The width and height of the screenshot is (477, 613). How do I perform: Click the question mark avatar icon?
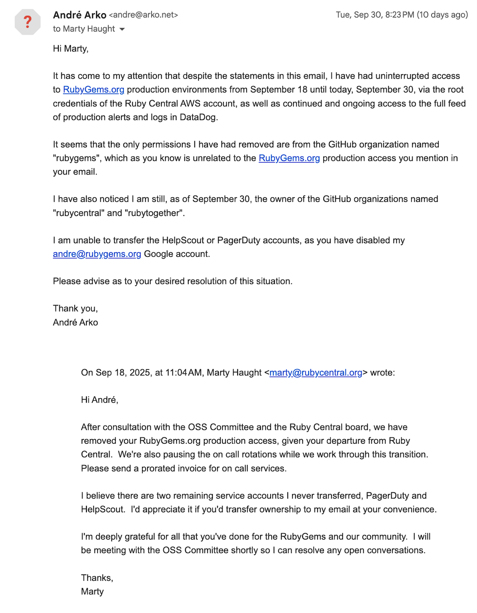27,22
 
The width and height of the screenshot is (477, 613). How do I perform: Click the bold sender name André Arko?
79,15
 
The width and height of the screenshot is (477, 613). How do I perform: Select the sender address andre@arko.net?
144,15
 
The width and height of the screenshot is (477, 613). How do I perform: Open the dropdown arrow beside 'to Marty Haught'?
122,29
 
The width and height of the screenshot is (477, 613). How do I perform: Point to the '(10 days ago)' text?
442,15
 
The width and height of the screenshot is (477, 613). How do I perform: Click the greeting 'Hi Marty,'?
71,49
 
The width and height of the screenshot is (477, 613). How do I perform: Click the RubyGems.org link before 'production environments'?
93,90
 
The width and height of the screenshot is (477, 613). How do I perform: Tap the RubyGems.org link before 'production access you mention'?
289,158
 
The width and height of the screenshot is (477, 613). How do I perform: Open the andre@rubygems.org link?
97,254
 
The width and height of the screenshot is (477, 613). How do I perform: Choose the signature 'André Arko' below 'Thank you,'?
75,322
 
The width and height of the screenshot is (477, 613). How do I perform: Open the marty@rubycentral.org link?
316,373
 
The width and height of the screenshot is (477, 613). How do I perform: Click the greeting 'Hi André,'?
99,400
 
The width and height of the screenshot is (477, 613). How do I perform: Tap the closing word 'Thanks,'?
97,578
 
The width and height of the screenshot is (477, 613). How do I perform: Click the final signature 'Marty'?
93,591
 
